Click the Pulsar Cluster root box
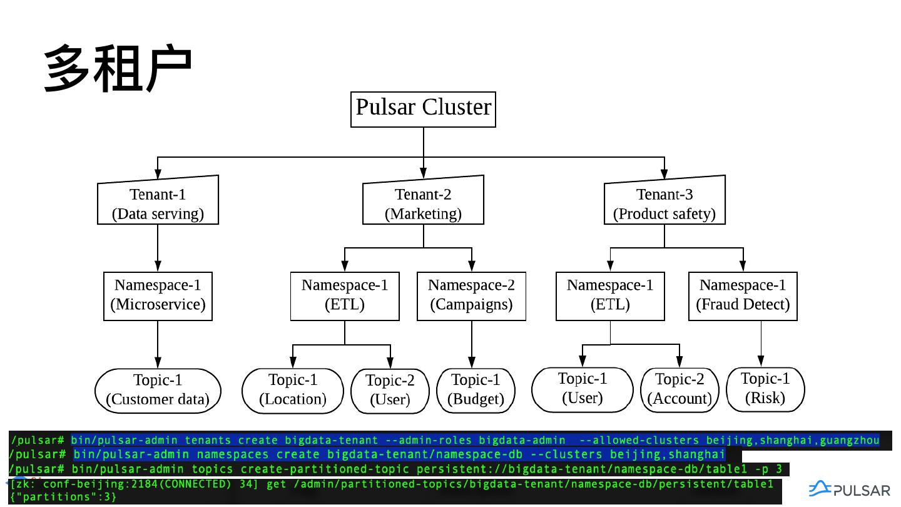(x=423, y=110)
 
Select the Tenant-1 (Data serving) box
(x=158, y=203)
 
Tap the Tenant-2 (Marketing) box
(x=424, y=203)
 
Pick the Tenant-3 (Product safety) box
(x=664, y=203)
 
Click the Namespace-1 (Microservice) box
(x=158, y=295)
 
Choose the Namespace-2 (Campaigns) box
(x=472, y=295)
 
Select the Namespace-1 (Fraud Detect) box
(x=743, y=295)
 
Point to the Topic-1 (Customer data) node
(x=158, y=390)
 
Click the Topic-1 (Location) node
(x=293, y=390)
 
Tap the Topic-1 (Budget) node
(x=476, y=390)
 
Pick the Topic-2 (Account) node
(x=680, y=389)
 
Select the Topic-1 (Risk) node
(x=765, y=389)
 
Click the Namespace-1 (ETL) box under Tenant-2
(x=345, y=295)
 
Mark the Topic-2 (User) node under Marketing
(x=390, y=391)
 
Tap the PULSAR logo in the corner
(x=849, y=490)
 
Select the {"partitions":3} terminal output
(x=63, y=497)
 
